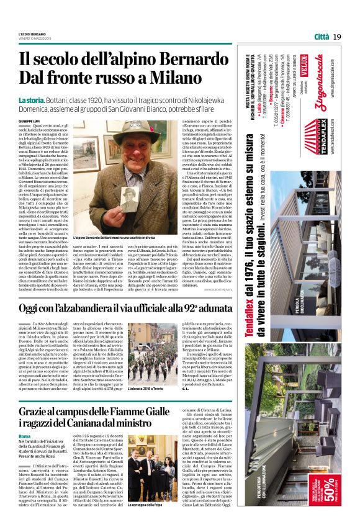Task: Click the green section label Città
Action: tap(321, 36)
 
